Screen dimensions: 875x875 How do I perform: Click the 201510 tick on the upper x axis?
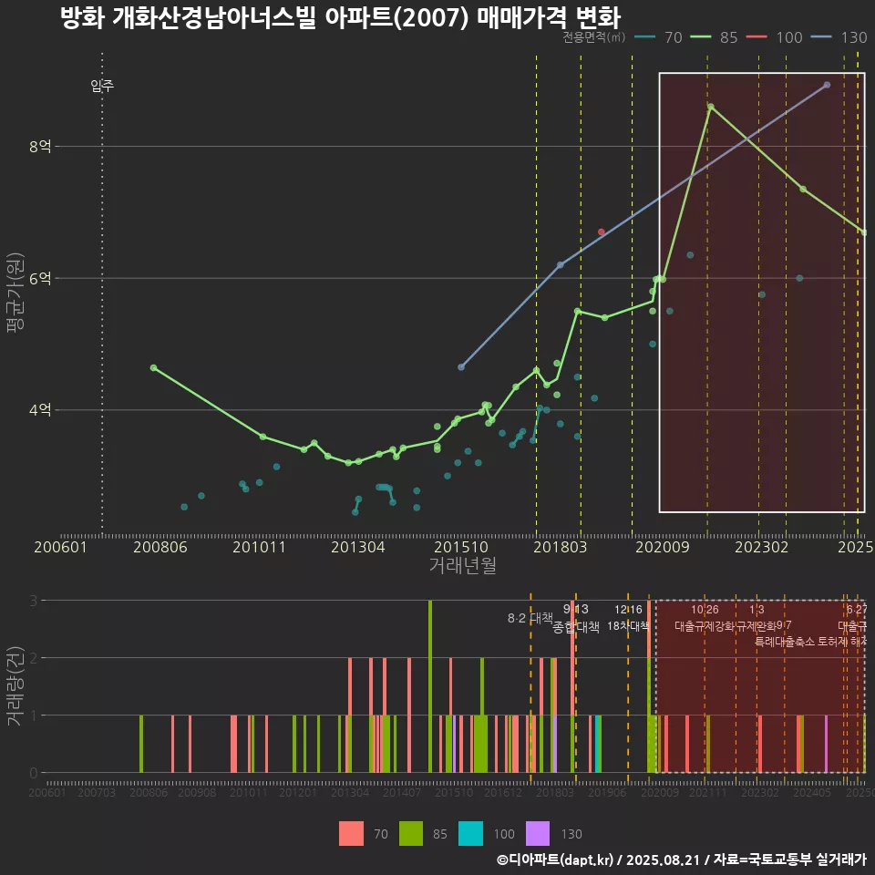(x=457, y=547)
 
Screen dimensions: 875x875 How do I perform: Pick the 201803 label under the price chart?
(x=558, y=547)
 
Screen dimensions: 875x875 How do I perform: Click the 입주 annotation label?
(x=102, y=87)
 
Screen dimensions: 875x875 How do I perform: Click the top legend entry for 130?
(x=843, y=37)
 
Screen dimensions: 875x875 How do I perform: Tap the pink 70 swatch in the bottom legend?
(x=351, y=833)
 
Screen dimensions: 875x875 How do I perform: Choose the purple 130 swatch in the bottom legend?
(x=539, y=833)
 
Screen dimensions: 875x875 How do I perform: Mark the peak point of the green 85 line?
(x=710, y=107)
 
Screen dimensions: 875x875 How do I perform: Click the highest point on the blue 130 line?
(x=827, y=85)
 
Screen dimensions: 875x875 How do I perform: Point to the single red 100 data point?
(x=601, y=232)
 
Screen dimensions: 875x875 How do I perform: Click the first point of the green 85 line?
(x=153, y=367)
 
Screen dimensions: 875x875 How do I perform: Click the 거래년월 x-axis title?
(x=462, y=566)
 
